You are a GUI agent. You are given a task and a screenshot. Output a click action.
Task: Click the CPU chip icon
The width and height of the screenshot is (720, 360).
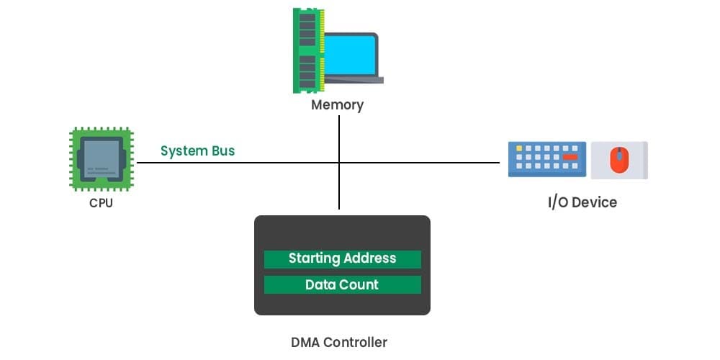pos(102,159)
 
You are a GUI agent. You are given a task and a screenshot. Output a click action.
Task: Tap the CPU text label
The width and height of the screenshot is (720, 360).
pos(101,203)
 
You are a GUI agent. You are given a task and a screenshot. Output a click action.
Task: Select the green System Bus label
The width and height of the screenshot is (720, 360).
pos(197,151)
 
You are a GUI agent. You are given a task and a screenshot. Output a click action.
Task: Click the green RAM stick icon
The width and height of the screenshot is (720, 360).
pos(307,50)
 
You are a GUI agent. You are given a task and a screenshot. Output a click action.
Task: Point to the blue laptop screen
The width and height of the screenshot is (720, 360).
pos(350,55)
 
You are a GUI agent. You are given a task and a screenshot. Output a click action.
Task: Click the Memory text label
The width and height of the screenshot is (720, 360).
pos(337,105)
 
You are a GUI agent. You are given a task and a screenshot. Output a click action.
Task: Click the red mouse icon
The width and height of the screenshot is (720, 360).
pos(618,160)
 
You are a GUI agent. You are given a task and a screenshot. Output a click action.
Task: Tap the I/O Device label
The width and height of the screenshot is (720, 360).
pos(582,202)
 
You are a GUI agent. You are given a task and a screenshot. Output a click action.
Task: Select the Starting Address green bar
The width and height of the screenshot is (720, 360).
pos(342,258)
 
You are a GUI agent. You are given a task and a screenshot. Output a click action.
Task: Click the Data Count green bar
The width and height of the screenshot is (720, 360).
pos(342,284)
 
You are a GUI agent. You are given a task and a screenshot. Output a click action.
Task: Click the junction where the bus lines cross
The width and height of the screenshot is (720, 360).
pos(339,163)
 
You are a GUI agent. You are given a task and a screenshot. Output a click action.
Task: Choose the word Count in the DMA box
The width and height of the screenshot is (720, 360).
pos(359,284)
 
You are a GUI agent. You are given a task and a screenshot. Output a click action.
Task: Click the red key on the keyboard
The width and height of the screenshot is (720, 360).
pos(570,156)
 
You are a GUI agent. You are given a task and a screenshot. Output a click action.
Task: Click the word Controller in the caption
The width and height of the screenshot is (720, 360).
pos(356,343)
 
